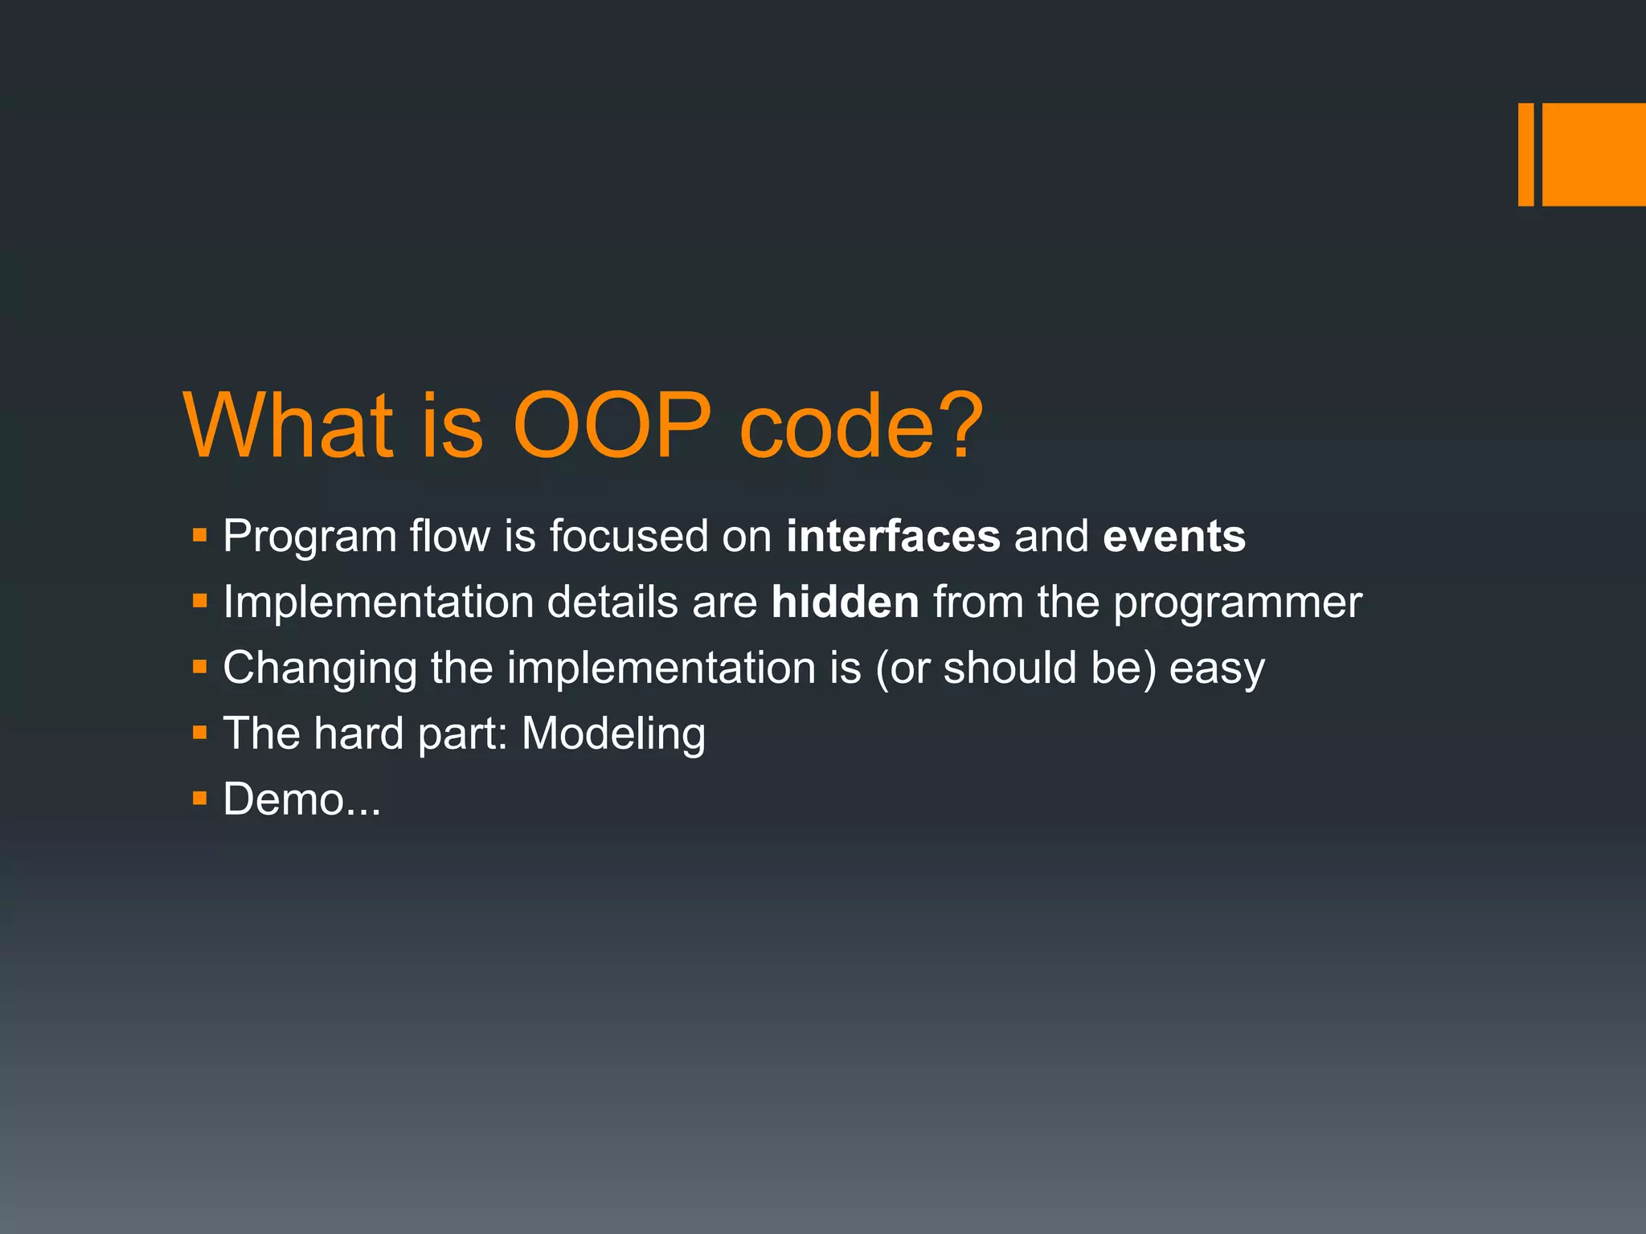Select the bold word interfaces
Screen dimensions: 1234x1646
pyautogui.click(x=893, y=537)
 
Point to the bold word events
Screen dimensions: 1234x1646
pyautogui.click(x=1174, y=537)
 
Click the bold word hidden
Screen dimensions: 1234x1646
pyautogui.click(x=845, y=603)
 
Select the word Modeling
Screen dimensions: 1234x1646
pyautogui.click(x=613, y=734)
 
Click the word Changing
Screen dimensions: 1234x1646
pyautogui.click(x=320, y=668)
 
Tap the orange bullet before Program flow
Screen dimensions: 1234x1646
pyautogui.click(x=200, y=534)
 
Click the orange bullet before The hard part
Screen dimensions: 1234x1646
pyautogui.click(x=200, y=732)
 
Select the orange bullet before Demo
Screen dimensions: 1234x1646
pyautogui.click(x=200, y=798)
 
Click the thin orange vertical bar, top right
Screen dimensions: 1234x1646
pyautogui.click(x=1525, y=154)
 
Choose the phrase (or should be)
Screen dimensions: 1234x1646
pyautogui.click(x=1016, y=668)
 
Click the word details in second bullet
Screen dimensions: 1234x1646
pyautogui.click(x=612, y=603)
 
